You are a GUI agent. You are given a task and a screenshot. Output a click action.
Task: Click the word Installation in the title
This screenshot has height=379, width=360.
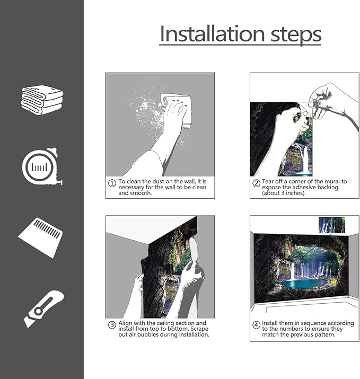(x=213, y=34)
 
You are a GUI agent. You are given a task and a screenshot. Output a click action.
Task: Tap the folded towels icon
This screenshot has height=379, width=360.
(x=42, y=100)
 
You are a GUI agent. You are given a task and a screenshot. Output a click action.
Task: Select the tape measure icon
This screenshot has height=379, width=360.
(x=42, y=166)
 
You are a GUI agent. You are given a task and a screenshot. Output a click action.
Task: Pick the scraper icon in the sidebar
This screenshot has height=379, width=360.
(x=40, y=237)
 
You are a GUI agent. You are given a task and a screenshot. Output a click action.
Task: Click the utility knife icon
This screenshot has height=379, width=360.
(x=44, y=309)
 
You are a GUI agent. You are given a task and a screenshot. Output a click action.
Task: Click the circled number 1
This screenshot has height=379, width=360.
(x=112, y=183)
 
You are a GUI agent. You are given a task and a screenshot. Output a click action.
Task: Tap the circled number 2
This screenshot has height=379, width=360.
(x=256, y=183)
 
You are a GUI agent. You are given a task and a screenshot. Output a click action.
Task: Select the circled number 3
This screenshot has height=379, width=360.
(x=112, y=325)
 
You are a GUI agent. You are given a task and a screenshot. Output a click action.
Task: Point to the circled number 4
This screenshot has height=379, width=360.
(x=256, y=325)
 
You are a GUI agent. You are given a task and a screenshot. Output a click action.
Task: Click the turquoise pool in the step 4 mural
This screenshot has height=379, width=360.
(x=302, y=284)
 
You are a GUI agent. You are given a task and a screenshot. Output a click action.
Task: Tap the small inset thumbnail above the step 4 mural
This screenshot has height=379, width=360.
(x=332, y=225)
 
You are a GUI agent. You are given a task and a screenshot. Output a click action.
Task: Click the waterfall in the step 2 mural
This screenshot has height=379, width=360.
(x=304, y=160)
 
